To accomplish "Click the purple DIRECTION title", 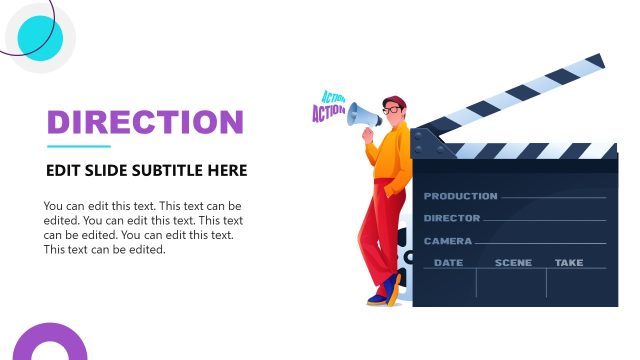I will pyautogui.click(x=146, y=122).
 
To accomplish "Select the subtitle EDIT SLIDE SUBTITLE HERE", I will pyautogui.click(x=146, y=171).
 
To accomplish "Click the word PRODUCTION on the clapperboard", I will pyautogui.click(x=460, y=196).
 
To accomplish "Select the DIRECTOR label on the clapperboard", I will pyautogui.click(x=452, y=218).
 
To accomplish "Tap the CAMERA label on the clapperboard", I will pyautogui.click(x=448, y=241).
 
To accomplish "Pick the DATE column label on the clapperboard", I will pyautogui.click(x=448, y=263).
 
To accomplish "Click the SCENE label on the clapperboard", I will pyautogui.click(x=513, y=263).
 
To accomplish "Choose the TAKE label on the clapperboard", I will pyautogui.click(x=569, y=263).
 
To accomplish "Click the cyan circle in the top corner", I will pyautogui.click(x=40, y=38).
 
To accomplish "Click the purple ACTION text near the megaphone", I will pyautogui.click(x=328, y=113).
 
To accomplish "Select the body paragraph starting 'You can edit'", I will pyautogui.click(x=143, y=228).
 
